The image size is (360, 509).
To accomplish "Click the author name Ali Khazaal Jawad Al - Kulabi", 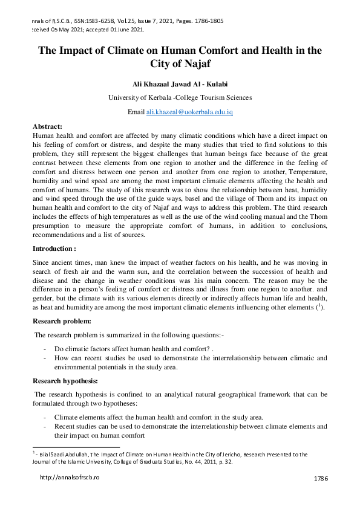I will point(180,83).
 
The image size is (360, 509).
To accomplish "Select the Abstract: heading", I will point(47,126).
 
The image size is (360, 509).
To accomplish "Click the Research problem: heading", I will point(62,321).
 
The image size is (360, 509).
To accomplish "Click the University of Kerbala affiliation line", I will point(180,97).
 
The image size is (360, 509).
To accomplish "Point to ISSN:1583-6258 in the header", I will point(93,21).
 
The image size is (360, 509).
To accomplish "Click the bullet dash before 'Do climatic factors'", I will point(45,349).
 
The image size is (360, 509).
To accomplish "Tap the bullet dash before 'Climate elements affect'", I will point(45,417).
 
